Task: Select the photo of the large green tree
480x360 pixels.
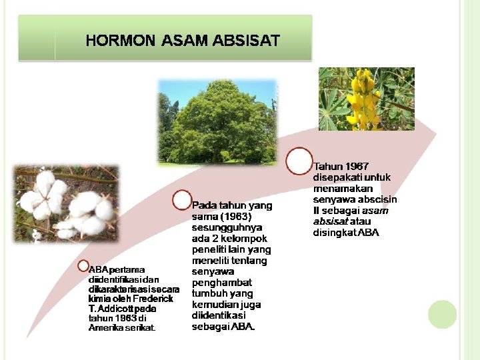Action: pyautogui.click(x=217, y=121)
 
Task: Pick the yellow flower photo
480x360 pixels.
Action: pyautogui.click(x=366, y=99)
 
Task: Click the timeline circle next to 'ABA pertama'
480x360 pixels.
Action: pyautogui.click(x=83, y=266)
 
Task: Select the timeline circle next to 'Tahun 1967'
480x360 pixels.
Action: pyautogui.click(x=299, y=160)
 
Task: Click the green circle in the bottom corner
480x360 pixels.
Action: pyautogui.click(x=442, y=314)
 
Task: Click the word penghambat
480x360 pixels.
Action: pyautogui.click(x=223, y=283)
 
